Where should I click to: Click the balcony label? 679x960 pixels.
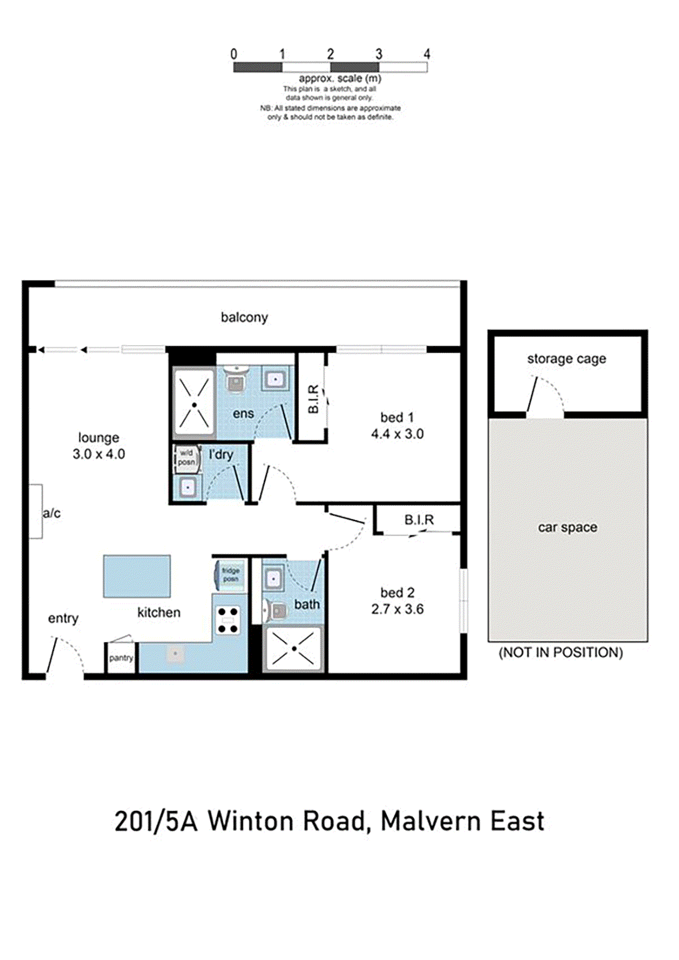tap(244, 317)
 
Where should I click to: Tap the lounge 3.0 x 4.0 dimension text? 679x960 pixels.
tap(99, 454)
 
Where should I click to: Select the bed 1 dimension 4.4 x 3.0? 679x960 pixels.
tap(397, 434)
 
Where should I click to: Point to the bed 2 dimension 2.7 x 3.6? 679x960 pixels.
tap(397, 609)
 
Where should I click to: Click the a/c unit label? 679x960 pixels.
tap(52, 513)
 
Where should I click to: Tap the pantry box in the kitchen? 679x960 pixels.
tap(121, 658)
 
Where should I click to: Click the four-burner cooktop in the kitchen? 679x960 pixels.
tap(228, 620)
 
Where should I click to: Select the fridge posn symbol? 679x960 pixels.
tap(230, 575)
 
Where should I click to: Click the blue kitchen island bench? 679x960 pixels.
tap(137, 576)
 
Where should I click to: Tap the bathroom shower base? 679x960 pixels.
tap(293, 649)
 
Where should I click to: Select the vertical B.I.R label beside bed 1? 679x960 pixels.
tap(313, 399)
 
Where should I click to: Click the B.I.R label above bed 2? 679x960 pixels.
tap(419, 520)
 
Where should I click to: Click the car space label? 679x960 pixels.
tap(567, 527)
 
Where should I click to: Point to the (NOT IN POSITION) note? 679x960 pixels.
tap(561, 652)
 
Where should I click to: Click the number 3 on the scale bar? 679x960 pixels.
tap(379, 54)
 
